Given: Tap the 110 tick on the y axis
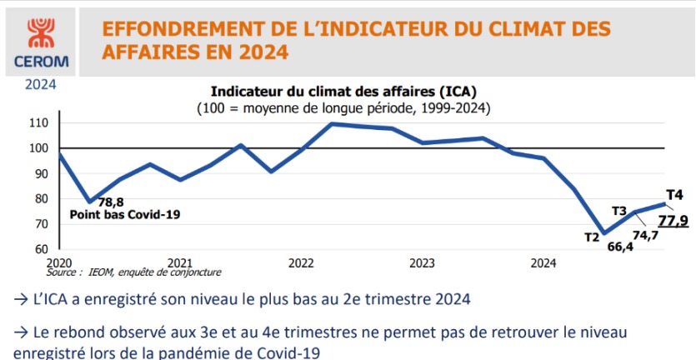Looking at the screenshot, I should pyautogui.click(x=38, y=123).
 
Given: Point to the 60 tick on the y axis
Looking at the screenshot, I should pyautogui.click(x=42, y=249).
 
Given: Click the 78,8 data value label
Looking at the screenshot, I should pyautogui.click(x=111, y=202).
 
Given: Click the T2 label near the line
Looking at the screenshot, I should pyautogui.click(x=592, y=237).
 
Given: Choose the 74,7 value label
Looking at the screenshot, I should pyautogui.click(x=646, y=235).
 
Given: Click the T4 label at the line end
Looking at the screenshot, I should pyautogui.click(x=675, y=195).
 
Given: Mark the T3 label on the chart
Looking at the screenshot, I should pyautogui.click(x=619, y=210).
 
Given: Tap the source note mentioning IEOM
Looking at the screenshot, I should pyautogui.click(x=134, y=272).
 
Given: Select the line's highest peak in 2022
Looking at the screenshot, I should pyautogui.click(x=332, y=124).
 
